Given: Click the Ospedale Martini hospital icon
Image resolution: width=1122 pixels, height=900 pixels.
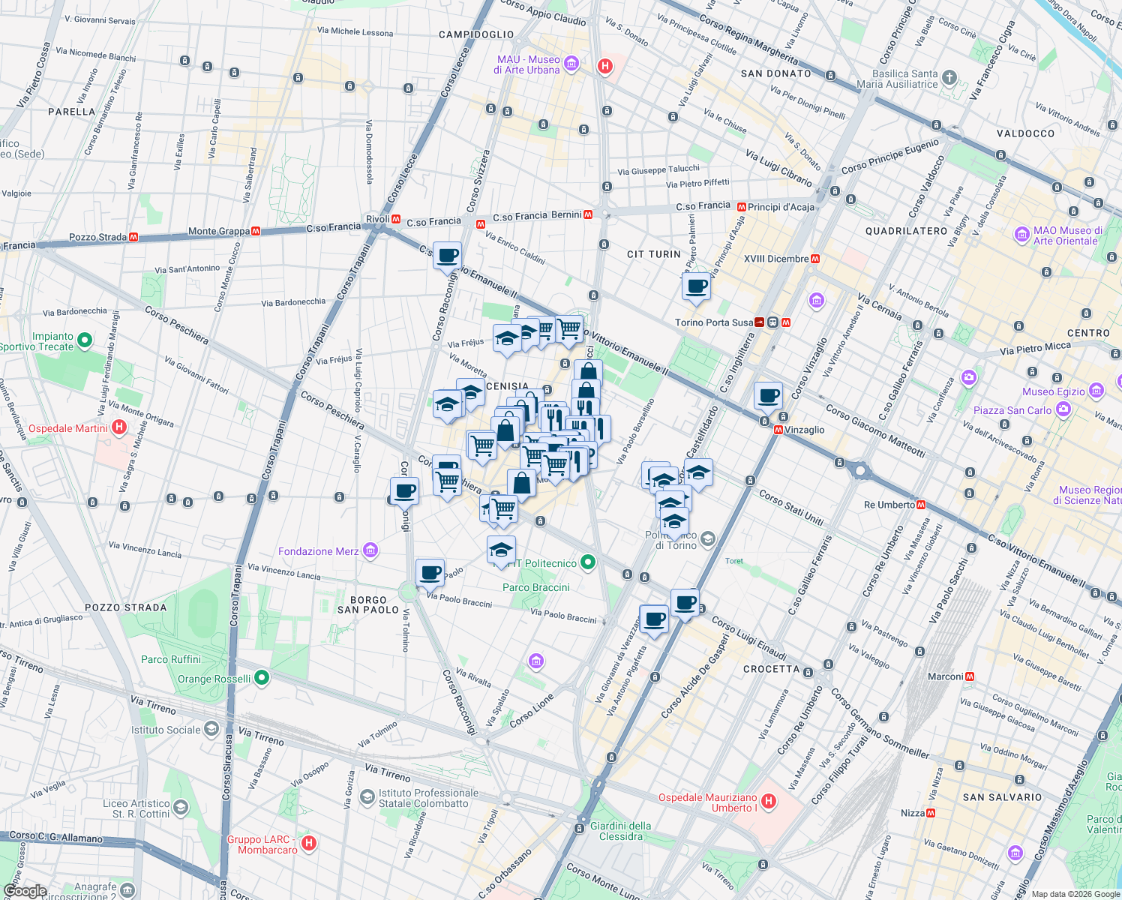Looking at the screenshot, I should pyautogui.click(x=118, y=427).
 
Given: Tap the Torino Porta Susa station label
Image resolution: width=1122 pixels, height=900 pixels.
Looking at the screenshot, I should pyautogui.click(x=713, y=322).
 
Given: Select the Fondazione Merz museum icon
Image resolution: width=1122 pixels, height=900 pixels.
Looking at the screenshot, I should pyautogui.click(x=370, y=551).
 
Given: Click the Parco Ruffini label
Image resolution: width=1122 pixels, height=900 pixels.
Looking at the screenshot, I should pyautogui.click(x=171, y=659).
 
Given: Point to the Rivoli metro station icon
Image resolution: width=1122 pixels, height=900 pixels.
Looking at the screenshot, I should pyautogui.click(x=395, y=219).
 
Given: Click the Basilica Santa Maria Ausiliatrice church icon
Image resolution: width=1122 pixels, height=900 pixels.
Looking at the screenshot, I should pyautogui.click(x=949, y=78).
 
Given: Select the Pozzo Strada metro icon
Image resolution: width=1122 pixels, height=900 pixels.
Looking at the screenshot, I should pyautogui.click(x=133, y=237).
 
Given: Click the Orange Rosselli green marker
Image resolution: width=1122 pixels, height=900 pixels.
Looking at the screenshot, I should pyautogui.click(x=261, y=678).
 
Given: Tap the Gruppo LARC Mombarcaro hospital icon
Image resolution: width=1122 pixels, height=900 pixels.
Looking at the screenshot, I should pyautogui.click(x=308, y=844).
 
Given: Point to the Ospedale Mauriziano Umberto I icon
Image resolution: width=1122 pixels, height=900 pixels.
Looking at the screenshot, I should pyautogui.click(x=768, y=802).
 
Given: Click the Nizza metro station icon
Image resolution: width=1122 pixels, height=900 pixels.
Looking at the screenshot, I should pyautogui.click(x=931, y=813).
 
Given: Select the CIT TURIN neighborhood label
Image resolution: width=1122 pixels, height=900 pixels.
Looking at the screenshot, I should pyautogui.click(x=654, y=254).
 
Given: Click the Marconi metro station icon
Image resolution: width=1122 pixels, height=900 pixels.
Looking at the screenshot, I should pyautogui.click(x=970, y=676).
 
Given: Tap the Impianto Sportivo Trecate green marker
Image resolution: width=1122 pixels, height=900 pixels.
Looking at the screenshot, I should pyautogui.click(x=85, y=340).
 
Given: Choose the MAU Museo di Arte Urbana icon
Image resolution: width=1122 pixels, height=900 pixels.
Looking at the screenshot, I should pyautogui.click(x=571, y=64).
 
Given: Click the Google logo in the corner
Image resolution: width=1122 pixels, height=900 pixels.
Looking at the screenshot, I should pyautogui.click(x=25, y=891).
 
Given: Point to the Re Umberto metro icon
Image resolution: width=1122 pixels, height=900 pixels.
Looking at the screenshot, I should pyautogui.click(x=921, y=505).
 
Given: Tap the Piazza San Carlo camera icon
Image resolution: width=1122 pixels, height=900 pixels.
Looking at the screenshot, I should pyautogui.click(x=1063, y=409).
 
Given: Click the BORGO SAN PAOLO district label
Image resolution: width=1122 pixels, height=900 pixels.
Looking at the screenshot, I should pyautogui.click(x=368, y=604).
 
